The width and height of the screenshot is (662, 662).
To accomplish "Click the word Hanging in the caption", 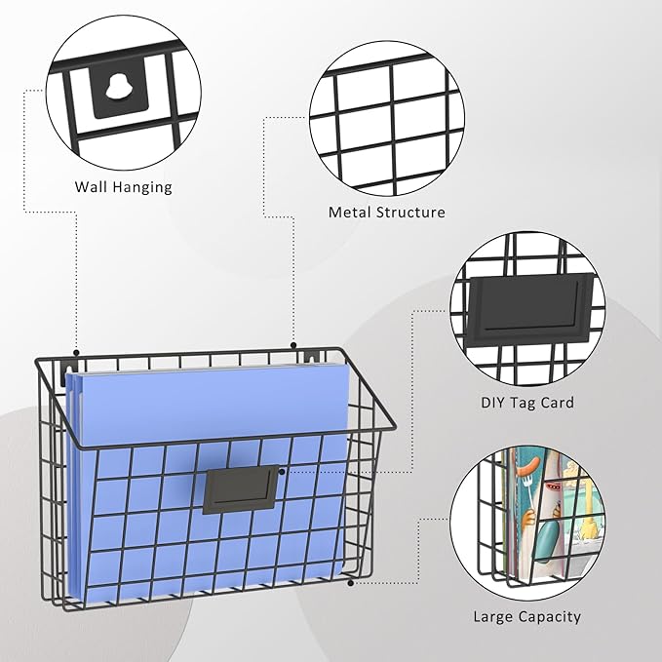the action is point(141,188).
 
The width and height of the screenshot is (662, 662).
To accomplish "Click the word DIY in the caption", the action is point(492,403).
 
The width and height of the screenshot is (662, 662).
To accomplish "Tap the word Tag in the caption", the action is point(523,404).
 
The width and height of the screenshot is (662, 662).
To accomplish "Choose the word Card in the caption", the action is point(558,403).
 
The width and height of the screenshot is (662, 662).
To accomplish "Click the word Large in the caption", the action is point(492,617).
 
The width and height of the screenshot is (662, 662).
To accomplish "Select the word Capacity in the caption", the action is point(550,618).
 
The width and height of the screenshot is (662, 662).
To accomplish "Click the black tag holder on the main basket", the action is point(241,489).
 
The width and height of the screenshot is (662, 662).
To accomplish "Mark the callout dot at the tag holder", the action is point(282,472).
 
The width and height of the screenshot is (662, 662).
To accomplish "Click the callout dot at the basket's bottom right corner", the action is point(350,583).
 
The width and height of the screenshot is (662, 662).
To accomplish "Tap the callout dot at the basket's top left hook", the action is point(76,353).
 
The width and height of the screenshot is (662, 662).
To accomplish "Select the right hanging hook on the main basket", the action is point(313,357).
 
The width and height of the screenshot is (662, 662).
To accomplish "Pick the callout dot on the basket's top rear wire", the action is point(293,345).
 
